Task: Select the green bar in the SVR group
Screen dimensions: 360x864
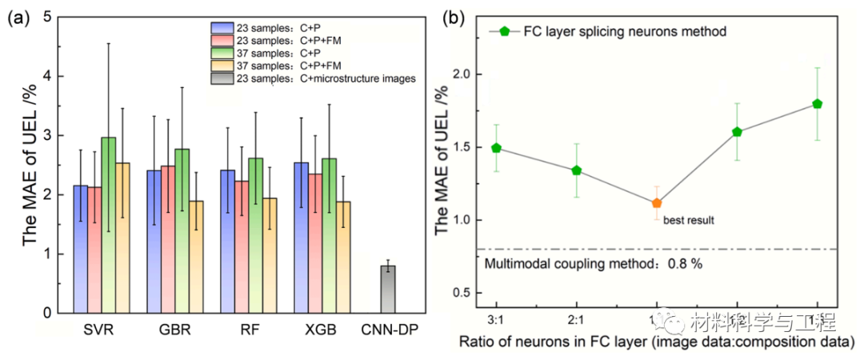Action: point(109,224)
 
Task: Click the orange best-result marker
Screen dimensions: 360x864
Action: point(657,203)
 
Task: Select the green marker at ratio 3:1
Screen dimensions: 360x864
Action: point(496,148)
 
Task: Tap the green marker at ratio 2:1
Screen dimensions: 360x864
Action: point(576,170)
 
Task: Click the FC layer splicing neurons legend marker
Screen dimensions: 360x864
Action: point(504,32)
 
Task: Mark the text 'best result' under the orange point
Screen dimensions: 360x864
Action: point(688,218)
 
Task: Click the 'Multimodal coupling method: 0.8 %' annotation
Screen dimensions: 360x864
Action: point(594,263)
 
